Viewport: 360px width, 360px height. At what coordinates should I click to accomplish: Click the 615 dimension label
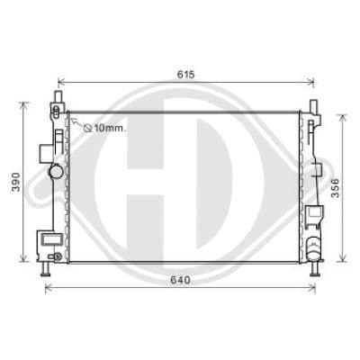pos(186,75)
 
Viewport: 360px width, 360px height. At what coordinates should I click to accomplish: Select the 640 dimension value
pos(180,280)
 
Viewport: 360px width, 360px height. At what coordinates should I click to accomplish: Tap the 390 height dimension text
pos(15,182)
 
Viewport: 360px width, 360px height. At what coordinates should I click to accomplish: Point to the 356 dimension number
pos(335,188)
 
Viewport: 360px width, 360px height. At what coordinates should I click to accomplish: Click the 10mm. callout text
pos(110,129)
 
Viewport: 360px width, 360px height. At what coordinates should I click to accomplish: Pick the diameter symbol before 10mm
pos(87,129)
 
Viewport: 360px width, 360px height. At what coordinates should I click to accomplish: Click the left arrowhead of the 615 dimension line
pos(61,81)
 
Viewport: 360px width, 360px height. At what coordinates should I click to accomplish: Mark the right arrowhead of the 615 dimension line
pos(310,81)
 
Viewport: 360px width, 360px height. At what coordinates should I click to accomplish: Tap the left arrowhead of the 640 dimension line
pos(49,288)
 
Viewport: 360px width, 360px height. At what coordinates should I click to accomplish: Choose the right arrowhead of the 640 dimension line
pos(312,288)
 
